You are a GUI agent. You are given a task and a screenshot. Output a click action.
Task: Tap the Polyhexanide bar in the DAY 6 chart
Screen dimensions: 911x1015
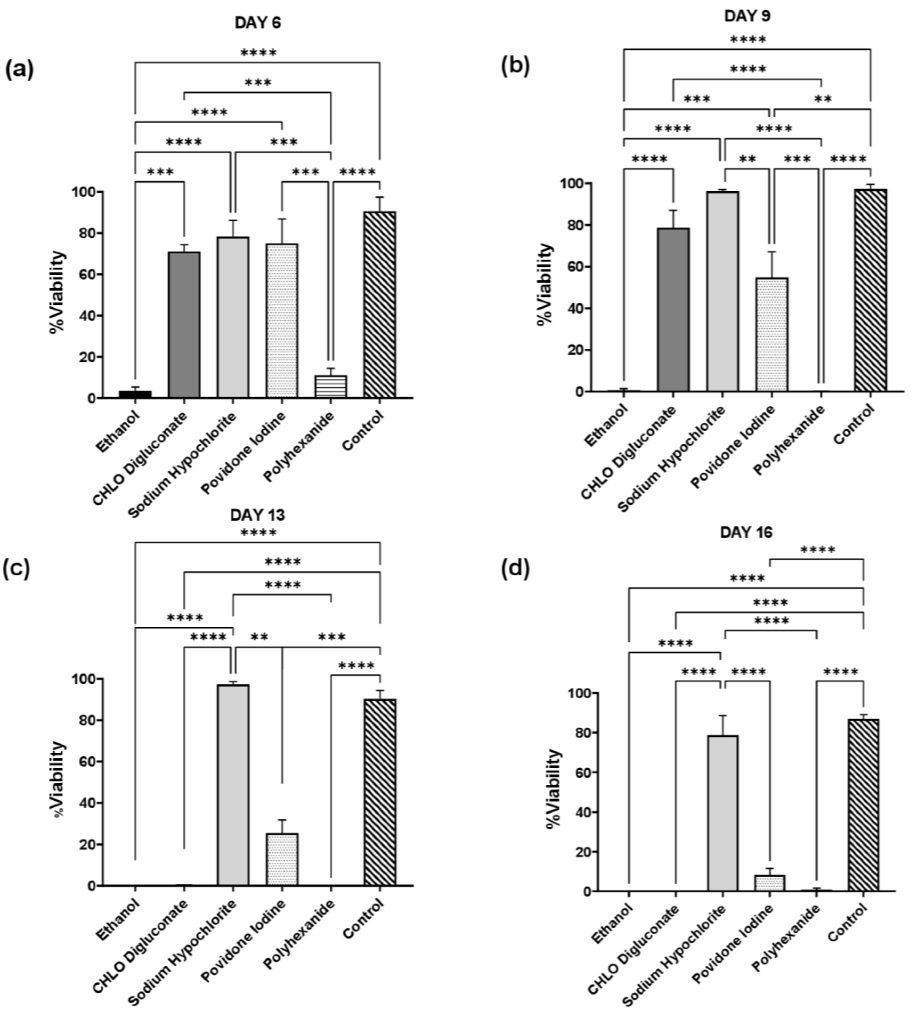[x=330, y=386]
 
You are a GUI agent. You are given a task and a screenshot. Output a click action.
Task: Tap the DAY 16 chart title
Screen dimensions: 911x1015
[x=746, y=532]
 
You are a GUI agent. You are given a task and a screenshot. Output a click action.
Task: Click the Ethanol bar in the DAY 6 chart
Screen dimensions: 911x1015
[x=135, y=394]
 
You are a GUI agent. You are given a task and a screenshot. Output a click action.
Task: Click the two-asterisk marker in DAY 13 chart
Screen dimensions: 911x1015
[x=259, y=637]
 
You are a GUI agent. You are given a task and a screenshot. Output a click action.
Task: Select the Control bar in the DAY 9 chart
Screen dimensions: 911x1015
[x=870, y=291]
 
